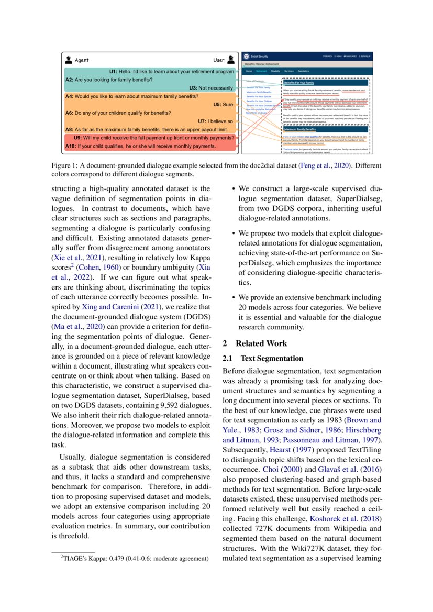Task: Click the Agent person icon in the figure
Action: coord(69,60)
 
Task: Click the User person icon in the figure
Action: coord(231,60)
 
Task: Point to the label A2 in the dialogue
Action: coord(69,80)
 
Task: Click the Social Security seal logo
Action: coord(247,55)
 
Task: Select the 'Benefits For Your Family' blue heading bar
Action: coord(299,83)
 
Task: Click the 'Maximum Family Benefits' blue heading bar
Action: coord(303,129)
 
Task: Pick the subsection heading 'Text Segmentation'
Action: coord(272,359)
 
